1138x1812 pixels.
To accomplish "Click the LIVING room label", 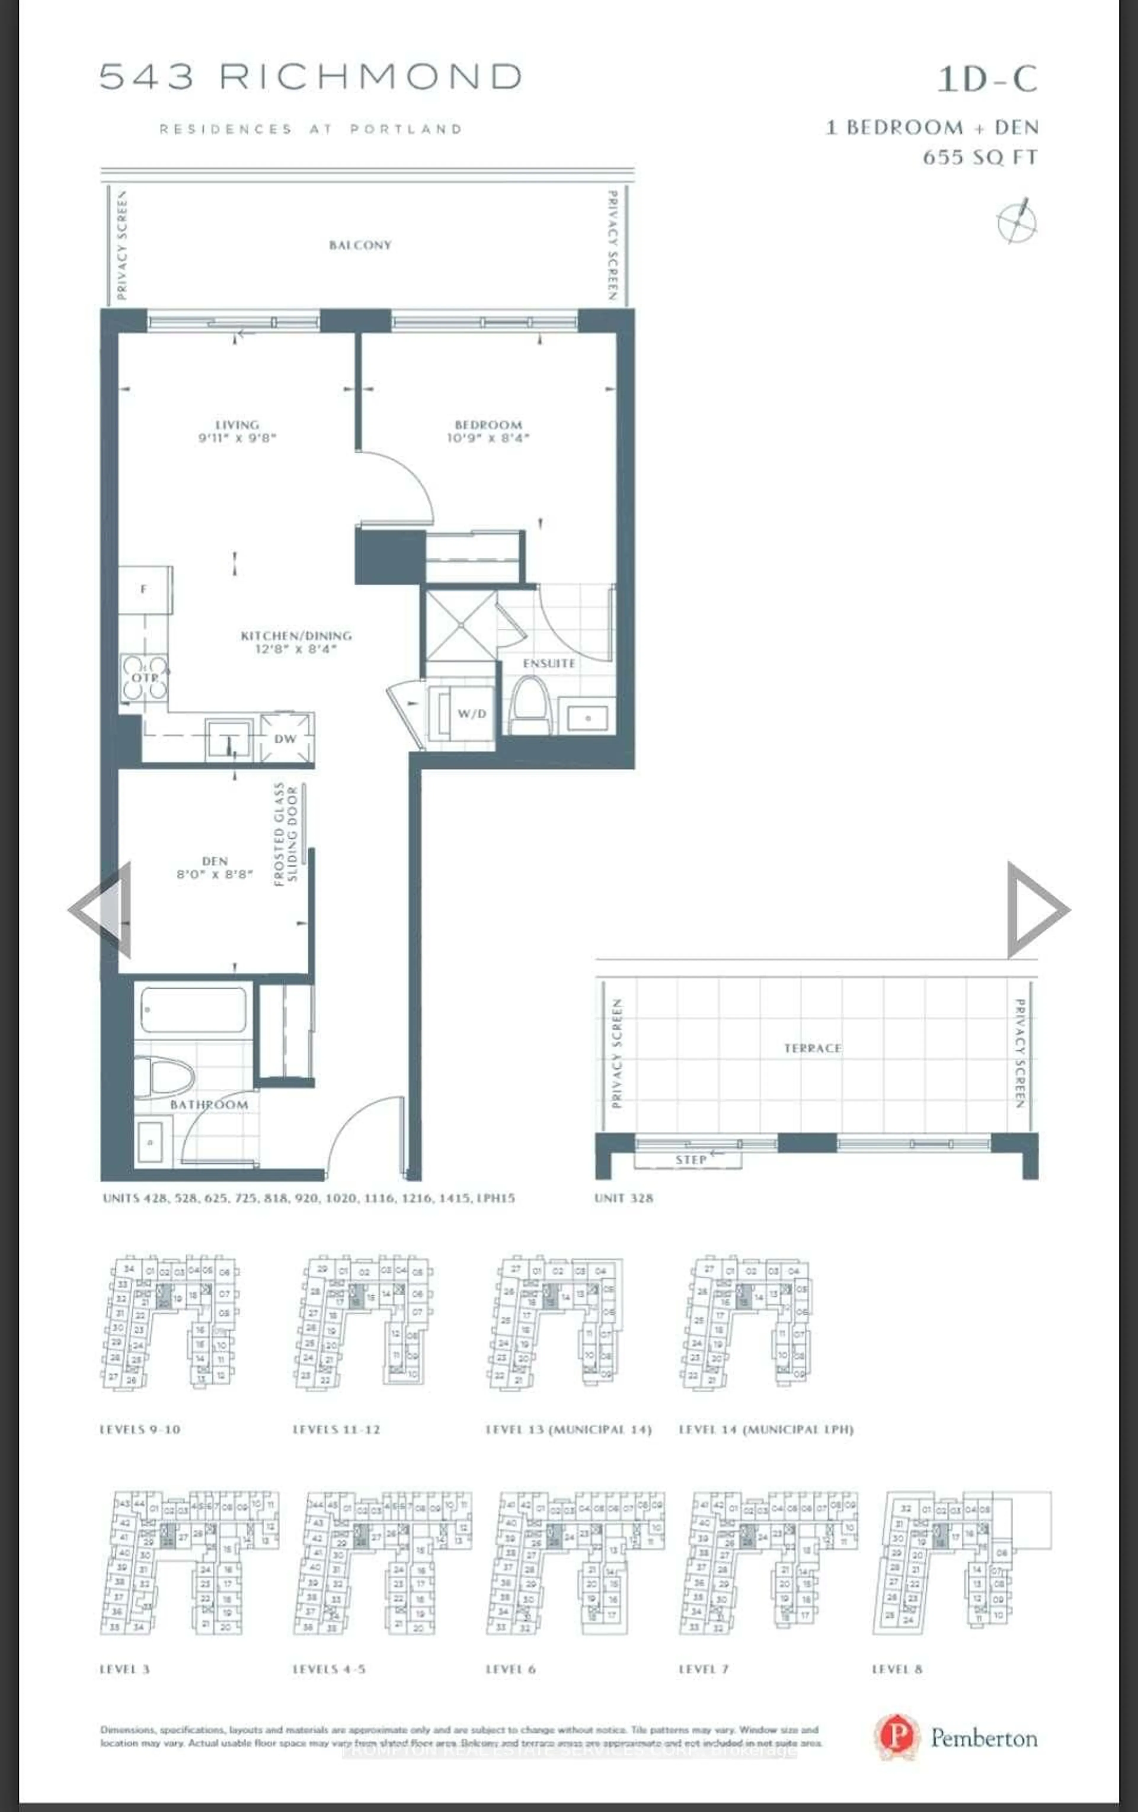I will [237, 424].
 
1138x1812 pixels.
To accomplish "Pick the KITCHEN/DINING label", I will [296, 636].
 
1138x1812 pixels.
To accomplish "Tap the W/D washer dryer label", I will [471, 713].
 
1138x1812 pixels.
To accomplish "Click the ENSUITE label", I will [549, 663].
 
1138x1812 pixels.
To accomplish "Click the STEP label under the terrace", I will [691, 1160].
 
